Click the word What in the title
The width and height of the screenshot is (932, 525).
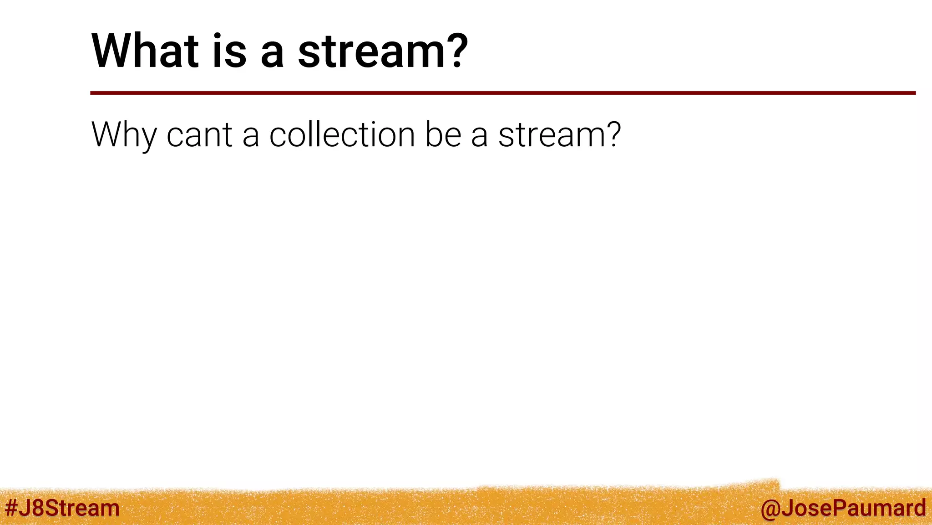pyautogui.click(x=145, y=51)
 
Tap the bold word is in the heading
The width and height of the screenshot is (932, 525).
pyautogui.click(x=229, y=51)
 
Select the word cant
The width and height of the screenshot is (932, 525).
pyautogui.click(x=199, y=135)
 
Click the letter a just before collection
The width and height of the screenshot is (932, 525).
pyautogui.click(x=251, y=137)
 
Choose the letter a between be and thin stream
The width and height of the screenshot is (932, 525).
pyautogui.click(x=479, y=137)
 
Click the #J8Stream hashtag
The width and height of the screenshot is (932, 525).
pyautogui.click(x=62, y=508)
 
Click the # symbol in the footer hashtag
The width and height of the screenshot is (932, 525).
pyautogui.click(x=12, y=508)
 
